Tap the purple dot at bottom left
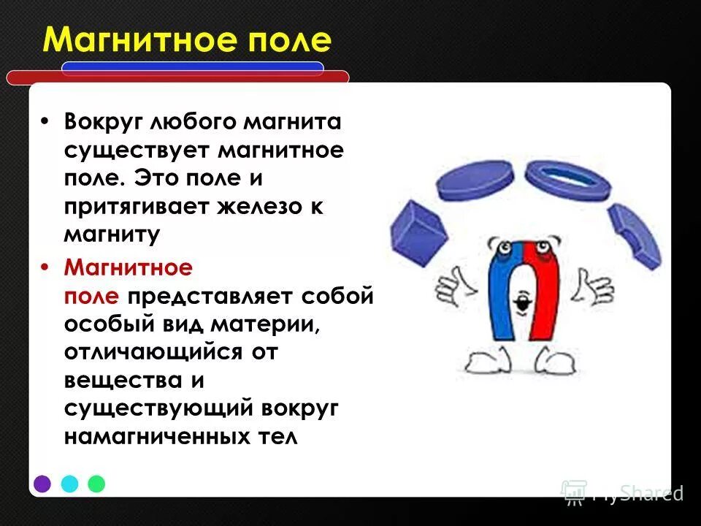42,484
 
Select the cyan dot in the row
69,484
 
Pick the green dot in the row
96,484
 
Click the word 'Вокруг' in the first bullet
104,121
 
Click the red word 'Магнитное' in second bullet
128,268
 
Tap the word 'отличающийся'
153,353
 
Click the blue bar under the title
192,68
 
